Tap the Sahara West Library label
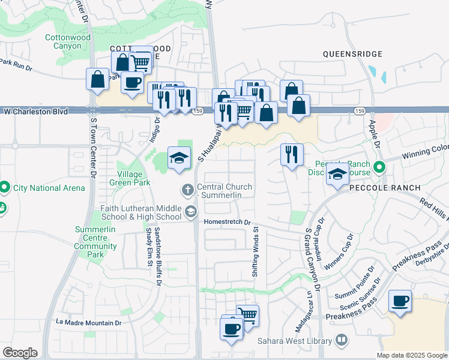pyautogui.click(x=294, y=341)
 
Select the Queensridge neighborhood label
pyautogui.click(x=352, y=54)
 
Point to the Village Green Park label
pyautogui.click(x=125, y=179)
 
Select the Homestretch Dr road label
pyautogui.click(x=226, y=221)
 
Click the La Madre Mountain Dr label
pyautogui.click(x=88, y=322)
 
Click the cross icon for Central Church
pyautogui.click(x=187, y=190)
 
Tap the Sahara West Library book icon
pyautogui.click(x=342, y=341)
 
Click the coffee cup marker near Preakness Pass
pyautogui.click(x=400, y=301)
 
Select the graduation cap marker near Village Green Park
pyautogui.click(x=178, y=158)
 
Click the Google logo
pyautogui.click(x=20, y=353)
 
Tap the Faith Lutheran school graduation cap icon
pyautogui.click(x=191, y=211)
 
